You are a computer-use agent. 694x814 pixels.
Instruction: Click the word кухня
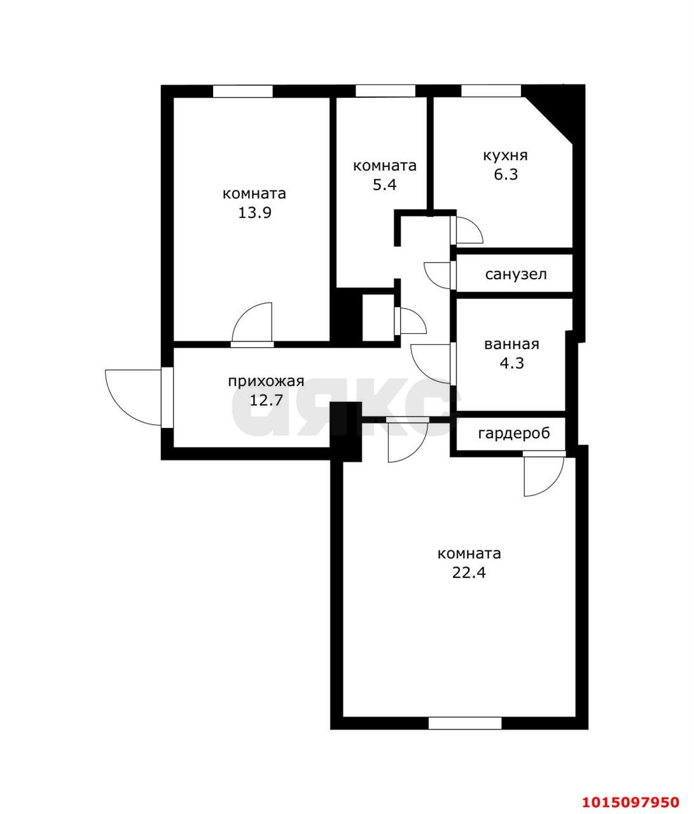(x=505, y=156)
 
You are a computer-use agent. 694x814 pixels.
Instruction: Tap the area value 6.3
(x=506, y=174)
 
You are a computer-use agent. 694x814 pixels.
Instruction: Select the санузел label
(x=516, y=275)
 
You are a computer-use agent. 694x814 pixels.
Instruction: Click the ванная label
(x=511, y=345)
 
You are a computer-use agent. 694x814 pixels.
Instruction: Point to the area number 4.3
(x=512, y=363)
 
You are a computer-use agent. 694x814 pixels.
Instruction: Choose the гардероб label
(x=514, y=434)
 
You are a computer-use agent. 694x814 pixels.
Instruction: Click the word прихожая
(x=267, y=382)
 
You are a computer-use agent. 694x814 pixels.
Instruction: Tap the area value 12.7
(x=267, y=401)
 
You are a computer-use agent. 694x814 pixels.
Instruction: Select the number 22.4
(x=469, y=572)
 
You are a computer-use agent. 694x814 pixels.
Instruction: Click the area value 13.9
(x=255, y=213)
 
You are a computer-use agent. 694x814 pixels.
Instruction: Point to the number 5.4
(x=384, y=184)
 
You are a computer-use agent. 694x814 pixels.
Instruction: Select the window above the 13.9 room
(x=242, y=91)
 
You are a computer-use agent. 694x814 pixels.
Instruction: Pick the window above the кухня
(x=491, y=91)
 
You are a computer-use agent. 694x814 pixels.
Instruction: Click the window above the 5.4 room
(x=385, y=91)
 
